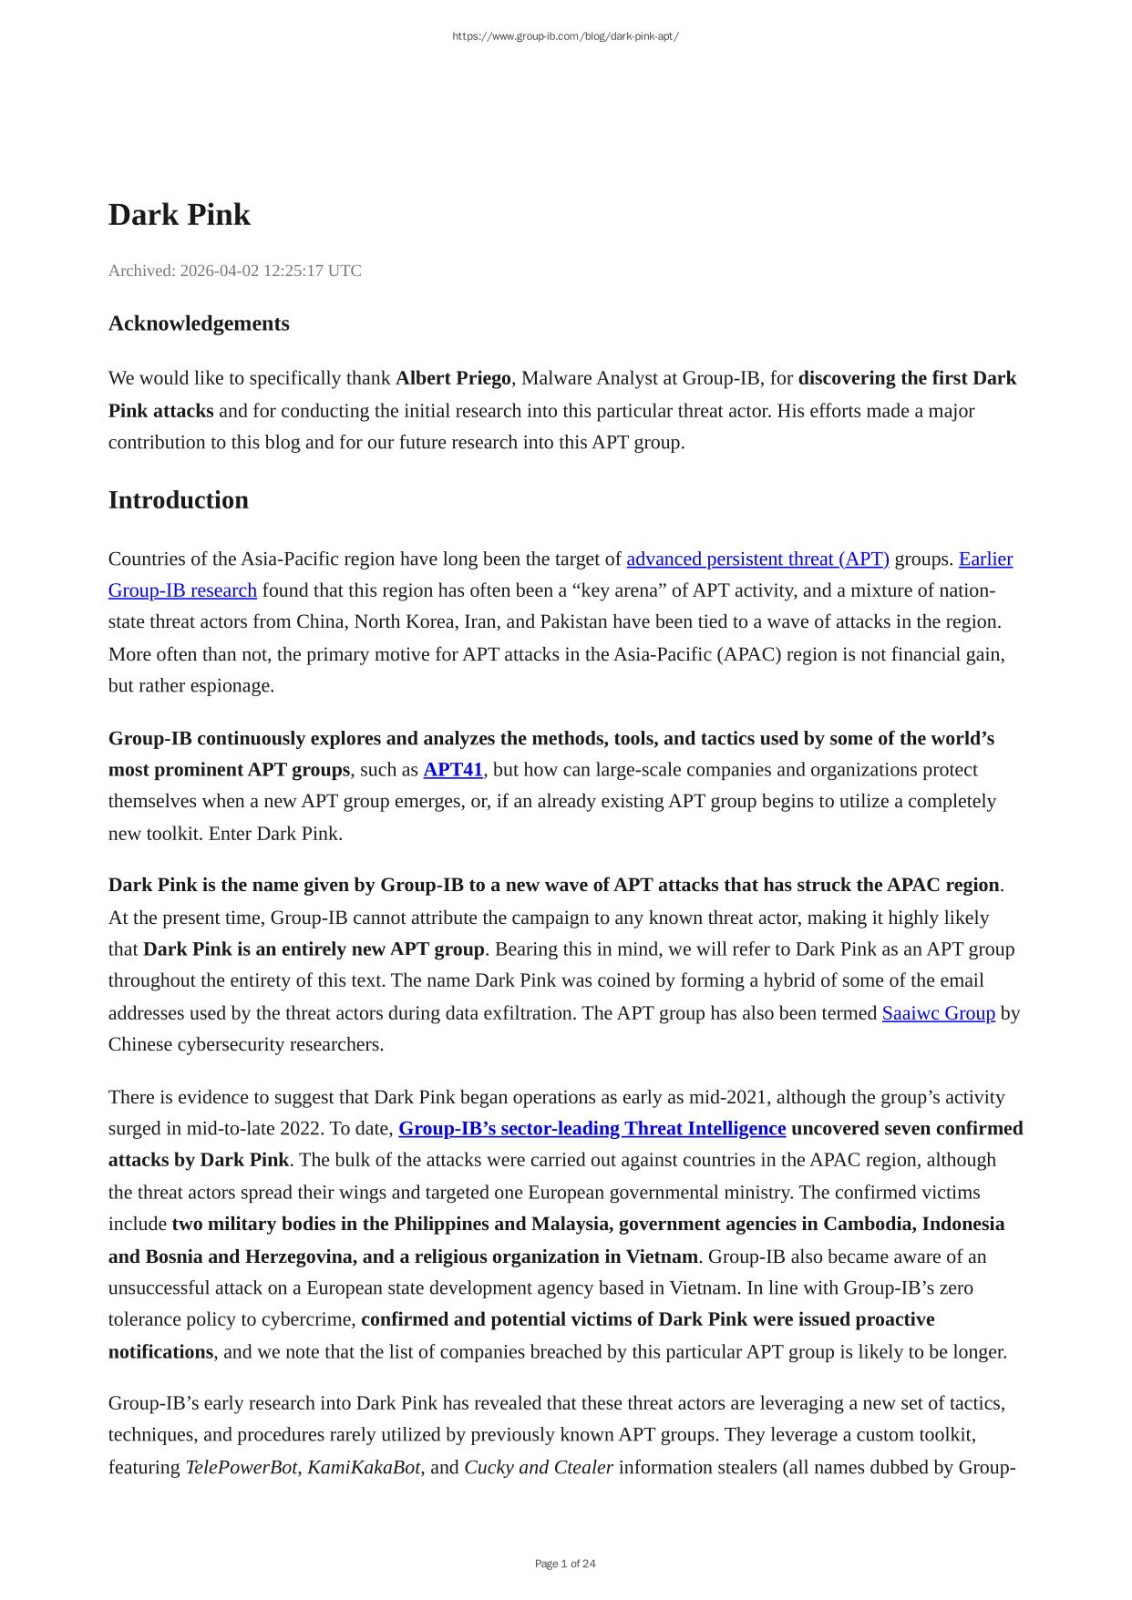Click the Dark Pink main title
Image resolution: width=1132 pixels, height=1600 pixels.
point(179,215)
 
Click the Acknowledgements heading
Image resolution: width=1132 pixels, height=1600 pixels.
point(199,323)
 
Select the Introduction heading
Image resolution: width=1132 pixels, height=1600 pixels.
point(178,500)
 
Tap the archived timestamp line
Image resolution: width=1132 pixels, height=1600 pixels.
point(234,271)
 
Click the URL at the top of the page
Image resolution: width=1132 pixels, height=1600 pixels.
point(565,36)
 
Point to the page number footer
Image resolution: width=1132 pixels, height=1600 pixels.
point(565,1564)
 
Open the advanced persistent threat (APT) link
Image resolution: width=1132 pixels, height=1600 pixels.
point(757,559)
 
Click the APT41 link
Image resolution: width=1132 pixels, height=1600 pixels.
point(453,770)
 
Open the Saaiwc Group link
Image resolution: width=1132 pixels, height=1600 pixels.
point(938,1013)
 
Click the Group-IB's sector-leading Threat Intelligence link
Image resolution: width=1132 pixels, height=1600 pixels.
point(592,1129)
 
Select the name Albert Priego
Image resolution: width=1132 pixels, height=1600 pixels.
point(453,378)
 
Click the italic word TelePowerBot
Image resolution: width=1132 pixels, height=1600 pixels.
point(242,1467)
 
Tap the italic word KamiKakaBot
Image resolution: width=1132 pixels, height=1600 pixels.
point(364,1467)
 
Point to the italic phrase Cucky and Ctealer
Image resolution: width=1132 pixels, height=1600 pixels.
point(538,1467)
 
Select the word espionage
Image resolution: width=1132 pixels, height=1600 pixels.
point(232,686)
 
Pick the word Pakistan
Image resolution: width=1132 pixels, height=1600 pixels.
point(577,622)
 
